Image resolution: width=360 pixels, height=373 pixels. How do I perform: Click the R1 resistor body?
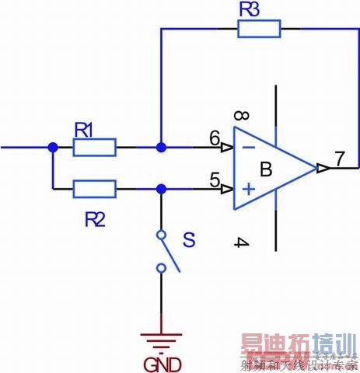pyautogui.click(x=94, y=147)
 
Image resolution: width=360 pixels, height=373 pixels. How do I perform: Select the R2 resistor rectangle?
pyautogui.click(x=94, y=188)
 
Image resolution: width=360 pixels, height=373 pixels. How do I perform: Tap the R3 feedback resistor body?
pyautogui.click(x=258, y=29)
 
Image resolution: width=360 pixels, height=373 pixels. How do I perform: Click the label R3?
pyautogui.click(x=250, y=10)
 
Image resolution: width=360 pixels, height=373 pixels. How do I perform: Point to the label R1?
pyautogui.click(x=84, y=128)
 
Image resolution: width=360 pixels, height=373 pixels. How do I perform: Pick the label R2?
pyautogui.click(x=94, y=220)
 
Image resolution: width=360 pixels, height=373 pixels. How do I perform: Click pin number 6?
pyautogui.click(x=215, y=138)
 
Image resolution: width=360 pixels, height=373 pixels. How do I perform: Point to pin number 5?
pyautogui.click(x=215, y=180)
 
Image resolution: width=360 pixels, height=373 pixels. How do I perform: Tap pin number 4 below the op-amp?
pyautogui.click(x=241, y=243)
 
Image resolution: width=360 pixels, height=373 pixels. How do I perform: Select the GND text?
pyautogui.click(x=162, y=364)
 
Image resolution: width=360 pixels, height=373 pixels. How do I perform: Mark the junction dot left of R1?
pyautogui.click(x=52, y=147)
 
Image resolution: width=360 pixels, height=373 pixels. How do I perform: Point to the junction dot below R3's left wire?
pyautogui.click(x=161, y=147)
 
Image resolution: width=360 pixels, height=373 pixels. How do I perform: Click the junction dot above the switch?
pyautogui.click(x=161, y=188)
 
